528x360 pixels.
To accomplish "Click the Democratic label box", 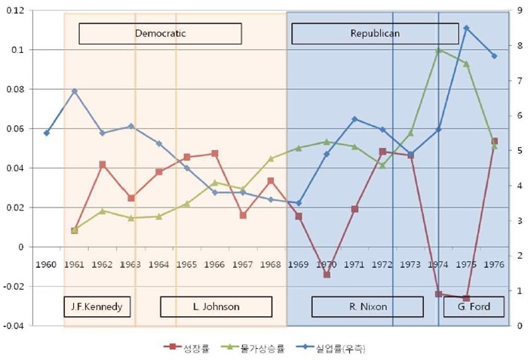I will (x=160, y=33).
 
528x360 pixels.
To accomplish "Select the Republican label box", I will (x=375, y=33).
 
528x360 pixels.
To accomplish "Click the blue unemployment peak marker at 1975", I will (x=466, y=29).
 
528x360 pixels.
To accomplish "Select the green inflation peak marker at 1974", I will (x=438, y=50).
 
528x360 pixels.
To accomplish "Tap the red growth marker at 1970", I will (x=327, y=275).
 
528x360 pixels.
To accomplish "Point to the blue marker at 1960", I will (x=47, y=133).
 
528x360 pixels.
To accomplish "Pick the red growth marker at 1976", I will (x=494, y=141).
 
